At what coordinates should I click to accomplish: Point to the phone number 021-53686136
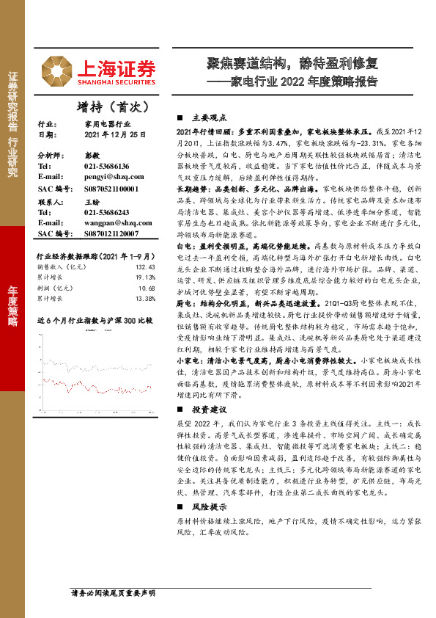tap(102, 167)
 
